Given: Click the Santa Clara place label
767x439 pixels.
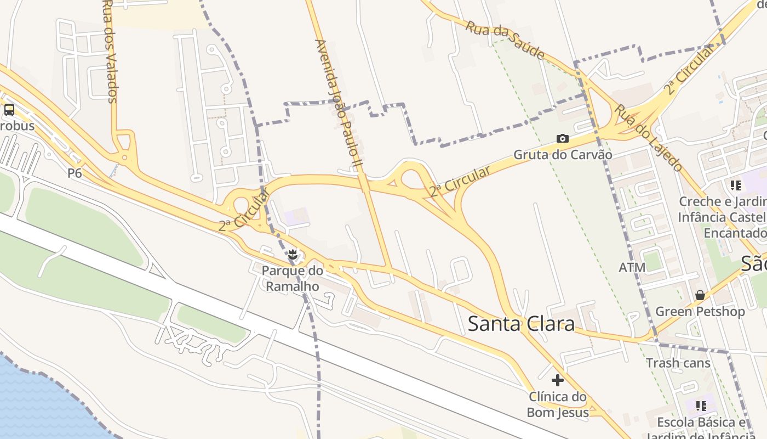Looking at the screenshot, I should click(521, 324).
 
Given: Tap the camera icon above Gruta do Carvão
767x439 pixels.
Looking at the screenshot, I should click(563, 138).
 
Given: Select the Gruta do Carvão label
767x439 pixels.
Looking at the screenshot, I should click(563, 155).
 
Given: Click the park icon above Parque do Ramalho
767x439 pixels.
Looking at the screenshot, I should click(293, 255).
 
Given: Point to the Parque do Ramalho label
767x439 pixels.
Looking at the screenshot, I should click(293, 278).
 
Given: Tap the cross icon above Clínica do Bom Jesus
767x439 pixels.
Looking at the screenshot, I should click(558, 380).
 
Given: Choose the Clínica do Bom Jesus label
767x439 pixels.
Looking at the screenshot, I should click(558, 404).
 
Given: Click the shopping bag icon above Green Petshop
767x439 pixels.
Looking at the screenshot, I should click(700, 295).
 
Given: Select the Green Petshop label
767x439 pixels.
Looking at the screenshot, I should click(700, 312).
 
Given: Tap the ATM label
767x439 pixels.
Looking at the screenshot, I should click(632, 268).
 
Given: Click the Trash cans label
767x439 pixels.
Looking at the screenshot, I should click(678, 363).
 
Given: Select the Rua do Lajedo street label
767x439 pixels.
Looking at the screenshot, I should click(648, 137).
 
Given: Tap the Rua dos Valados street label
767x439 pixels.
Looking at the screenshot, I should click(110, 52).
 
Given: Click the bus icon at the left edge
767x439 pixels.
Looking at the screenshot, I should click(9, 110).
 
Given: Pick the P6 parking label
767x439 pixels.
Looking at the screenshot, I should click(75, 173).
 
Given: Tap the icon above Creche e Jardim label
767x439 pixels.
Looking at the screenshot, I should click(735, 185).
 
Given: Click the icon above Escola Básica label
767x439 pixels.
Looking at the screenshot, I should click(701, 406).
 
